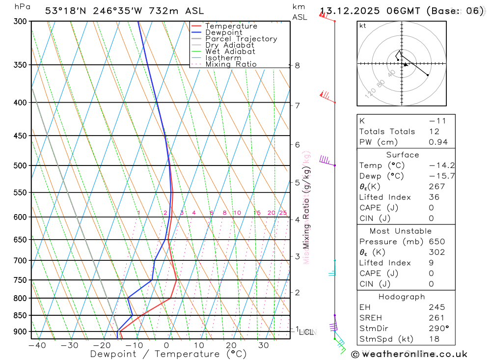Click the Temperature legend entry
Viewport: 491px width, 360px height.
(x=231, y=26)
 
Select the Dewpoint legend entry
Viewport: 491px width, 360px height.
(x=223, y=32)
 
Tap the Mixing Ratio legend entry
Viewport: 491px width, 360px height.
(x=231, y=64)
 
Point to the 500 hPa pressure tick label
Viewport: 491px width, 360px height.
(x=20, y=166)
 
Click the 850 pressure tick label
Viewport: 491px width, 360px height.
(x=20, y=315)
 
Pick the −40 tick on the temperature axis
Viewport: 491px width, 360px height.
(x=37, y=345)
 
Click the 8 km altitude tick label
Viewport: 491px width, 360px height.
(x=297, y=65)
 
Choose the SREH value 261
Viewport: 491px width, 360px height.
(x=436, y=318)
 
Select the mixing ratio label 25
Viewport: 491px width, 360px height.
(x=283, y=213)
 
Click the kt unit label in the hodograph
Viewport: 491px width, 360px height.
(x=363, y=26)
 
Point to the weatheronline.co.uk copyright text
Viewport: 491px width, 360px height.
(x=409, y=354)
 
